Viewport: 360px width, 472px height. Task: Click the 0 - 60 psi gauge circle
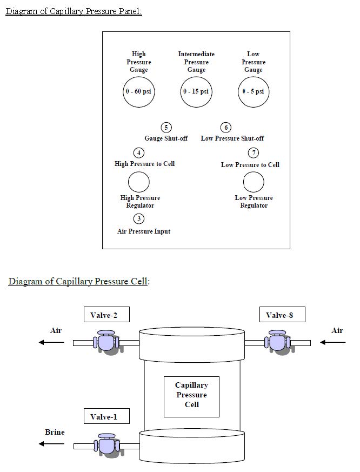[138, 91]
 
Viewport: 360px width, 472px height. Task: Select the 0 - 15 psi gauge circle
[196, 91]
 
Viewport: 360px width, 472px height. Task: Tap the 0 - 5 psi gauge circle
[254, 91]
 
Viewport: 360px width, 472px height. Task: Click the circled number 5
[166, 128]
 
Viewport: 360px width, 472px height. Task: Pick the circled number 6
[226, 128]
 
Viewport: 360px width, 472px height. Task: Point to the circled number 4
[139, 153]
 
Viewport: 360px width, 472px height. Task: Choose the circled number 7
[253, 153]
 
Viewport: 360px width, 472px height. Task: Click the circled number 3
[139, 219]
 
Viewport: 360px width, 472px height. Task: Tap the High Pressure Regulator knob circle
[138, 182]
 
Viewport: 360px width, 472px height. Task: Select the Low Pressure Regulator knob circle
[254, 182]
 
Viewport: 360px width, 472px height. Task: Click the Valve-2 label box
[107, 315]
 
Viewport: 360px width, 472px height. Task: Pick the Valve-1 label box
[107, 416]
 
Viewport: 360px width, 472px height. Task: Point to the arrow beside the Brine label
[51, 444]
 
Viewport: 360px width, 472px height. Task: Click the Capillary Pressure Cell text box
[191, 396]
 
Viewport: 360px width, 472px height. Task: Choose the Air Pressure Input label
[144, 231]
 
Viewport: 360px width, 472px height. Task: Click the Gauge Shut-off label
[166, 138]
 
